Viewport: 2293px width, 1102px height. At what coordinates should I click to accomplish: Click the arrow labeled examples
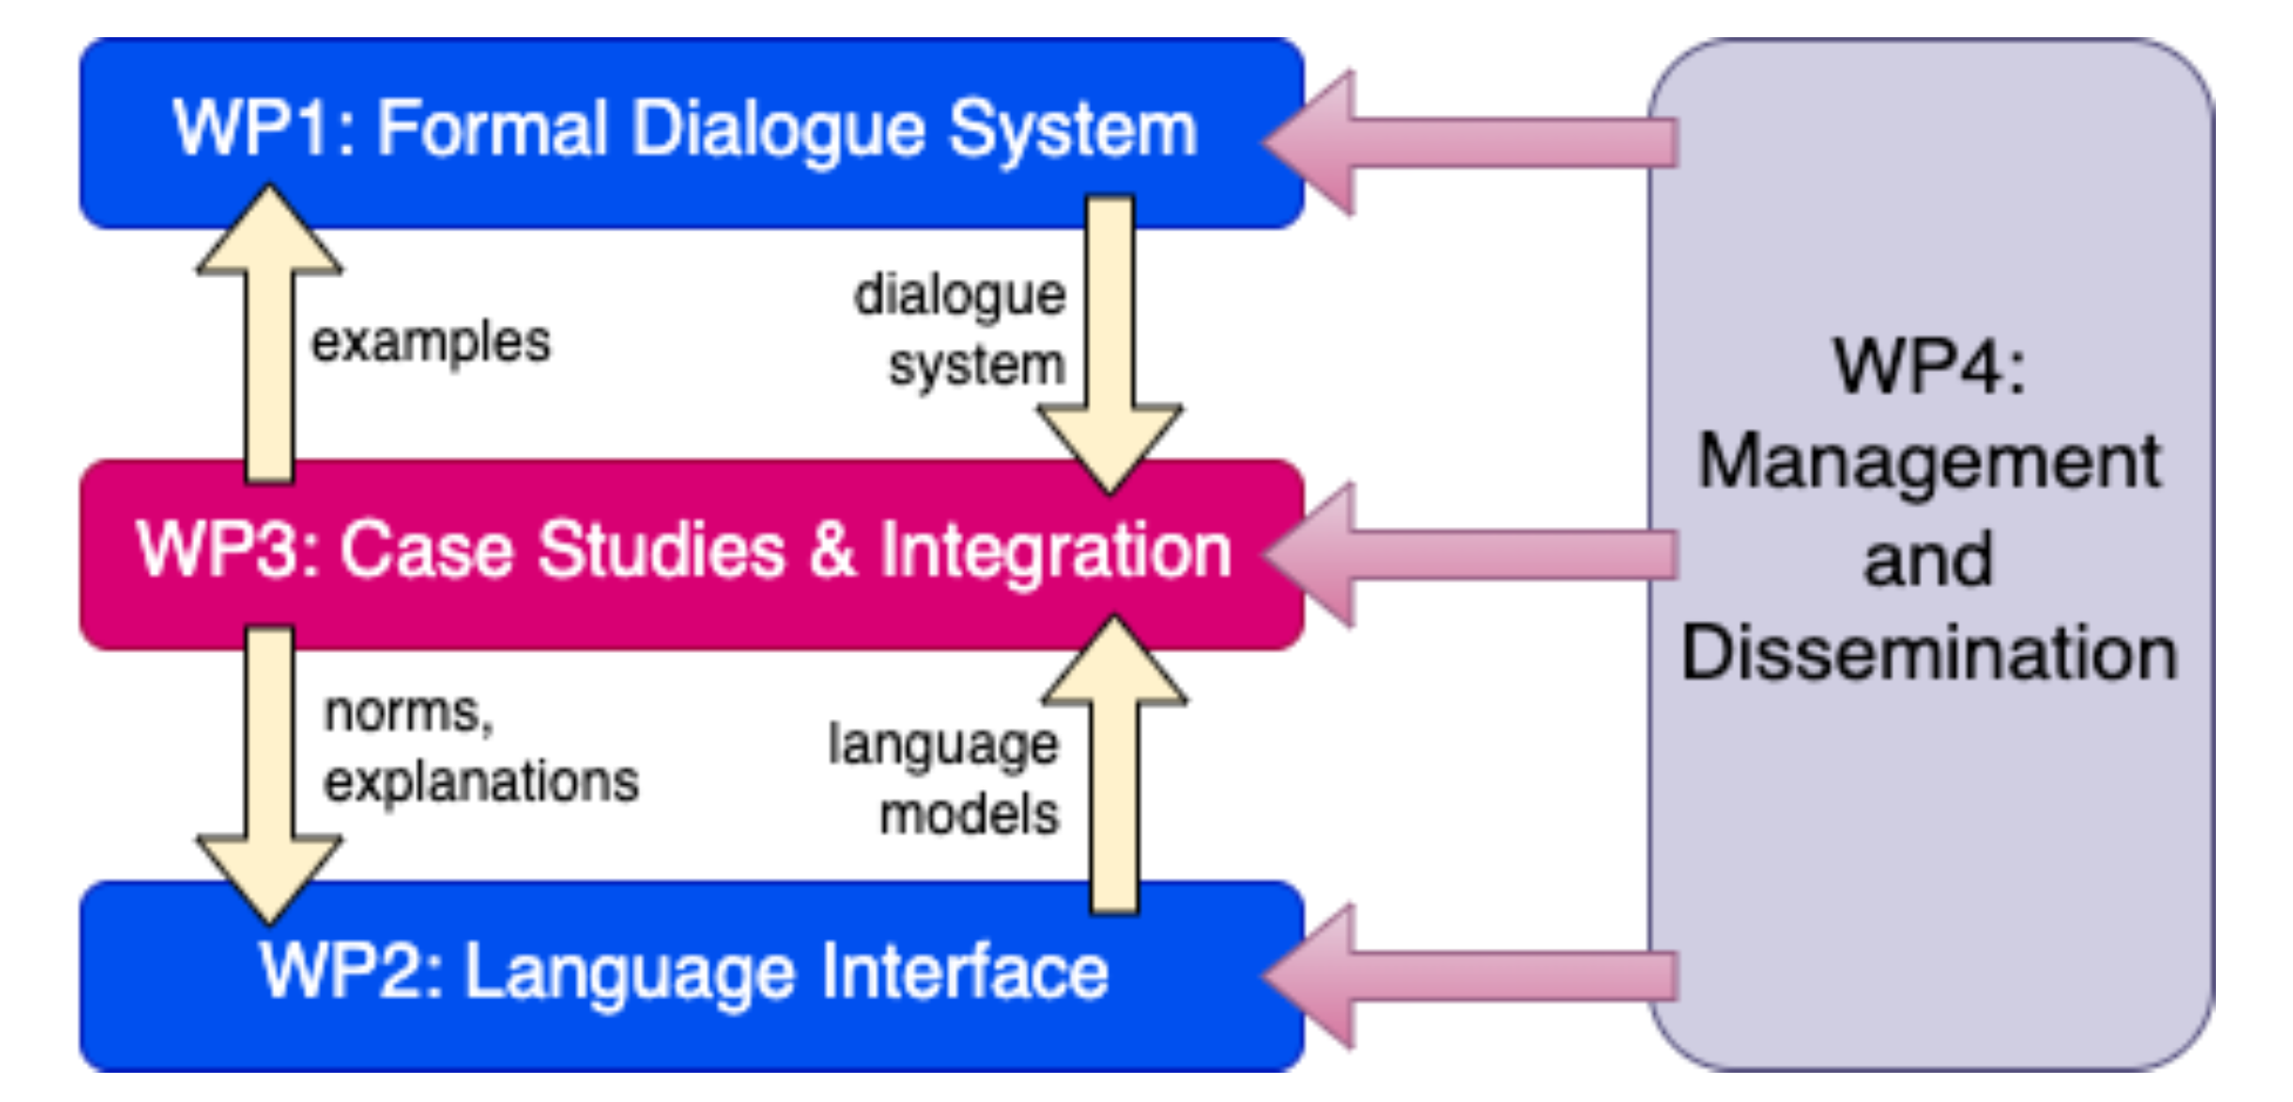[x=269, y=356]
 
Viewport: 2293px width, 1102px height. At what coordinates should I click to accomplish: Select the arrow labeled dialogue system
[x=1110, y=338]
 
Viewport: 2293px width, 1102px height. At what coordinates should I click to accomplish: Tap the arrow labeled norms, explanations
[x=269, y=757]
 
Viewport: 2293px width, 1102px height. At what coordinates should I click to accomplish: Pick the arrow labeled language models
[x=1115, y=783]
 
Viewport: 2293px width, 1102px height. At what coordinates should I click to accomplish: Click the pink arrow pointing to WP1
[x=1469, y=143]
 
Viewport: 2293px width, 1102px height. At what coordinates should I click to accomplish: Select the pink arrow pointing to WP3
[x=1469, y=555]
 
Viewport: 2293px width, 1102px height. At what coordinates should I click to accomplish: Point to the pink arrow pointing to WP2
[x=1469, y=975]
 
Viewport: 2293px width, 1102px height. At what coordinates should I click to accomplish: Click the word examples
[x=431, y=344]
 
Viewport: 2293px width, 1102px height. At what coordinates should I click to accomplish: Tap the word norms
[x=408, y=713]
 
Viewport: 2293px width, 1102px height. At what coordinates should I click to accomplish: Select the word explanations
[x=481, y=782]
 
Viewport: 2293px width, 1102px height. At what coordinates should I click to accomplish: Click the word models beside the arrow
[x=969, y=814]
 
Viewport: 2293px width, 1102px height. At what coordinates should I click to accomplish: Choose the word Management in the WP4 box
[x=1930, y=464]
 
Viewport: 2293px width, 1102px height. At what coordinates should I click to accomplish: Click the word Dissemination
[x=1930, y=655]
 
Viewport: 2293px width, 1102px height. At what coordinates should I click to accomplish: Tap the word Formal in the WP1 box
[x=493, y=129]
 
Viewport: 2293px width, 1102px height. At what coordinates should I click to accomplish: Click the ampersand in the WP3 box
[x=832, y=550]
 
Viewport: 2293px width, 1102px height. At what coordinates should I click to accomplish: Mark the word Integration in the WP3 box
[x=1056, y=550]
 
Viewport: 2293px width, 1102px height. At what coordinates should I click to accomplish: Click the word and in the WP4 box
[x=1928, y=560]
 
